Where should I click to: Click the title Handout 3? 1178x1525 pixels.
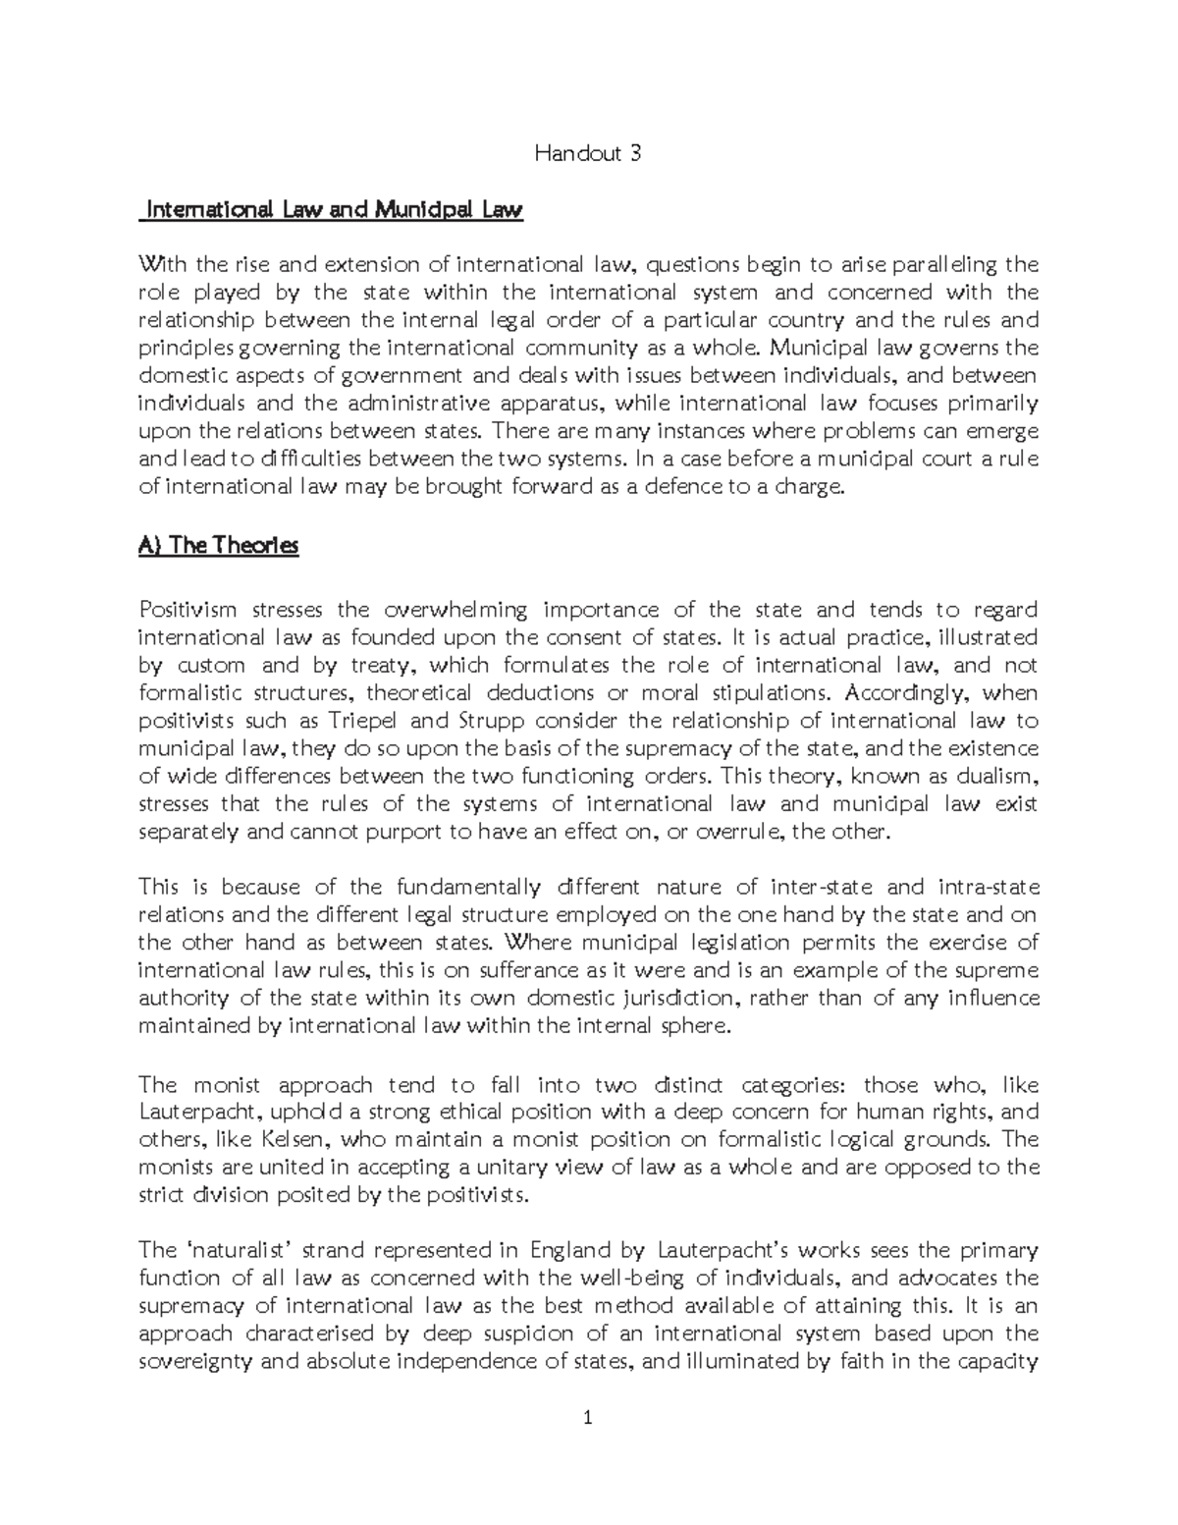pyautogui.click(x=588, y=153)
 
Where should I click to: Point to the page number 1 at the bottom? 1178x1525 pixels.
pyautogui.click(x=588, y=1417)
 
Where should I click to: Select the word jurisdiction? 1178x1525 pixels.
pyautogui.click(x=665, y=999)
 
